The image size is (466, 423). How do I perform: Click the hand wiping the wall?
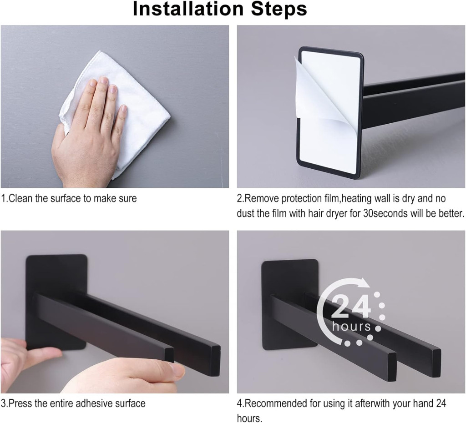pos(89,131)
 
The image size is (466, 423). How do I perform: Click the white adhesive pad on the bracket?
pos(330,113)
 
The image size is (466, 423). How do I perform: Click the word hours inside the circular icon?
pos(352,326)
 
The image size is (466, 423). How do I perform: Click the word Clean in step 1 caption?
pos(21,198)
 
